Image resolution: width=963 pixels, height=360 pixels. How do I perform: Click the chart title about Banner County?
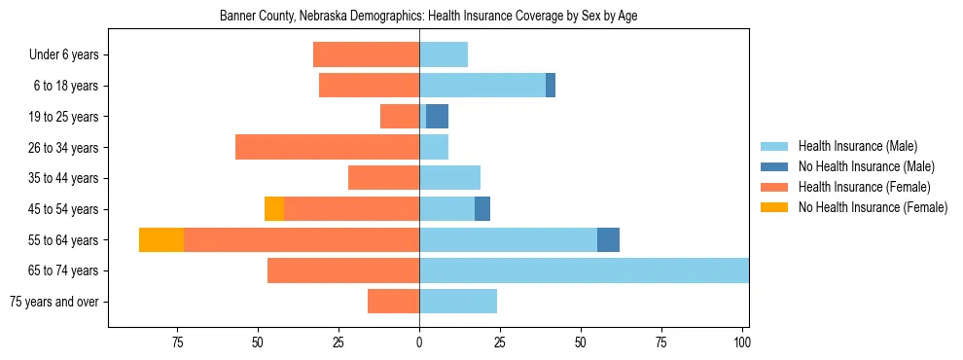point(428,17)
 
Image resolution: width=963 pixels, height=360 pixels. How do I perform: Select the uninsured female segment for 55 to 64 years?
point(161,239)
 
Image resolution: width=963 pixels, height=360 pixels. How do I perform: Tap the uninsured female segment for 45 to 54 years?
point(274,208)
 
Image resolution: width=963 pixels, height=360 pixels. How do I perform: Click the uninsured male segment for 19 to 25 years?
point(437,117)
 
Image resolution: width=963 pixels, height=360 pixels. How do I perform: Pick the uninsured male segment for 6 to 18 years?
point(551,86)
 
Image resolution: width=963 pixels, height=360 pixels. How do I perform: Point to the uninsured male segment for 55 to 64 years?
point(608,239)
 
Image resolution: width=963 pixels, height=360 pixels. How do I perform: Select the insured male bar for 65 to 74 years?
point(584,270)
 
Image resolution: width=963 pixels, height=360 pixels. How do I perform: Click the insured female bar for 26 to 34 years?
point(327,147)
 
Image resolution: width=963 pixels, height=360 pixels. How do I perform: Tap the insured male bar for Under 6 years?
point(444,54)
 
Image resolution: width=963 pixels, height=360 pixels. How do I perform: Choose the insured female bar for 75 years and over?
point(393,302)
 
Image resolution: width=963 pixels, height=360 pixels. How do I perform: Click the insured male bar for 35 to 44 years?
point(449,178)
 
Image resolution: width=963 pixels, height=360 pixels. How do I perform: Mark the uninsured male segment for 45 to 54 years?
point(482,208)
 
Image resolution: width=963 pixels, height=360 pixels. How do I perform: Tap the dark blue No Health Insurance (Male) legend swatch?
point(774,166)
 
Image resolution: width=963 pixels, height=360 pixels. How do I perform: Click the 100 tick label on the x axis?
point(742,342)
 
